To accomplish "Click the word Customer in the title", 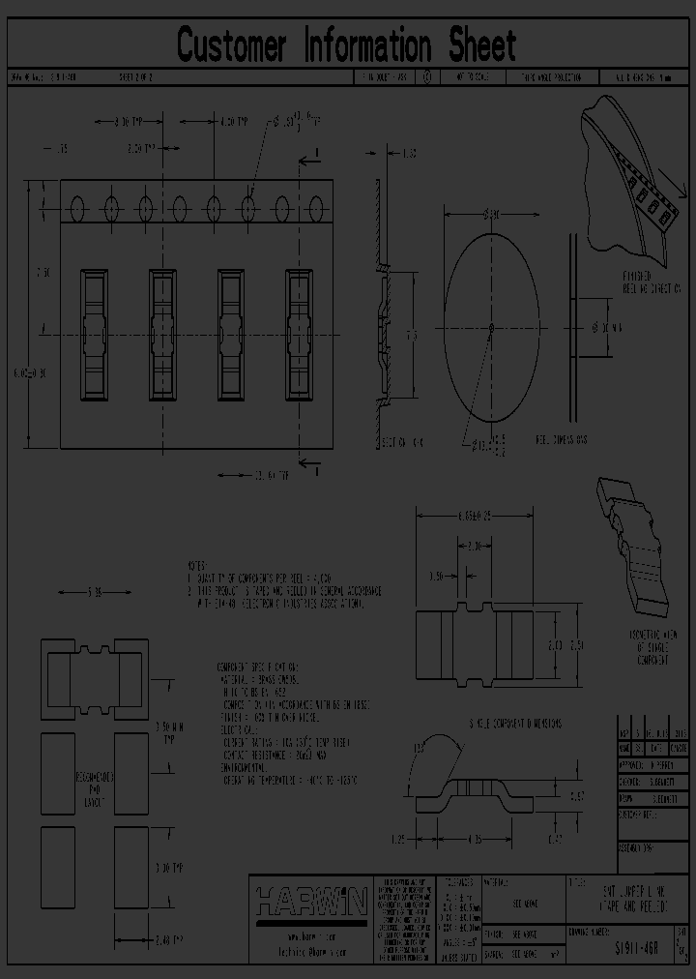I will pyautogui.click(x=232, y=45).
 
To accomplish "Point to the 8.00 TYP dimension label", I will pyautogui.click(x=122, y=123).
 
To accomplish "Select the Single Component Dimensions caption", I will pyautogui.click(x=500, y=723).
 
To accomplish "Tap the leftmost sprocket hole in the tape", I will pyautogui.click(x=77, y=207).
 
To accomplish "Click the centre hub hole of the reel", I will pyautogui.click(x=491, y=327).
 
